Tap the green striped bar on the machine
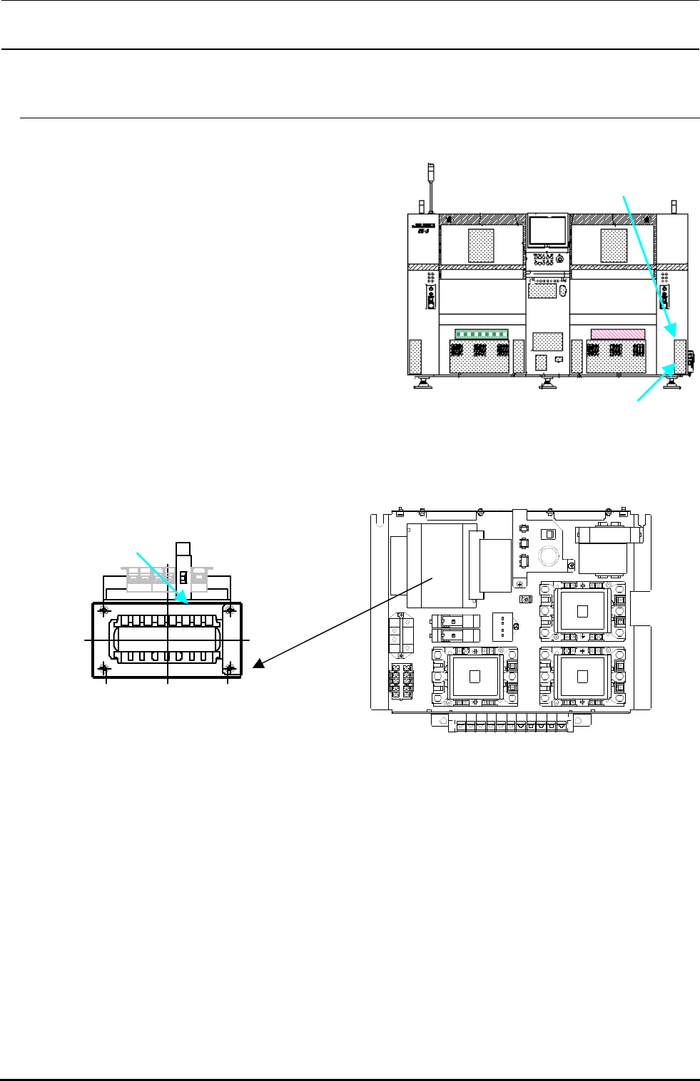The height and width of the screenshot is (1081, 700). [x=482, y=334]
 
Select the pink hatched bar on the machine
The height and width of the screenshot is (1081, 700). [x=618, y=334]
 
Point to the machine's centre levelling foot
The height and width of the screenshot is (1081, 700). [x=547, y=383]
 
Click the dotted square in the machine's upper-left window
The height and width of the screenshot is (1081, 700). [x=481, y=245]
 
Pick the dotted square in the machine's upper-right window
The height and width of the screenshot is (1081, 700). [x=614, y=245]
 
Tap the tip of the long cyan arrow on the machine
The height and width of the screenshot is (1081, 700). [x=671, y=332]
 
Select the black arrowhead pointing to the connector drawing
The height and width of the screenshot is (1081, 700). [x=258, y=664]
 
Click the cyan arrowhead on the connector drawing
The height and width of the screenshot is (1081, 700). [x=184, y=597]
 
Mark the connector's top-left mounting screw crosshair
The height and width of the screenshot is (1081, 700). [x=105, y=610]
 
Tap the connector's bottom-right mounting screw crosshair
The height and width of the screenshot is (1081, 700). [x=230, y=668]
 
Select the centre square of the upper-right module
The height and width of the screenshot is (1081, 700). [x=582, y=610]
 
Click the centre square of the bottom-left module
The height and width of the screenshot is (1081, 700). [x=475, y=677]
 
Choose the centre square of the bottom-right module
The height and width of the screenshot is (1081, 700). [x=582, y=677]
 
